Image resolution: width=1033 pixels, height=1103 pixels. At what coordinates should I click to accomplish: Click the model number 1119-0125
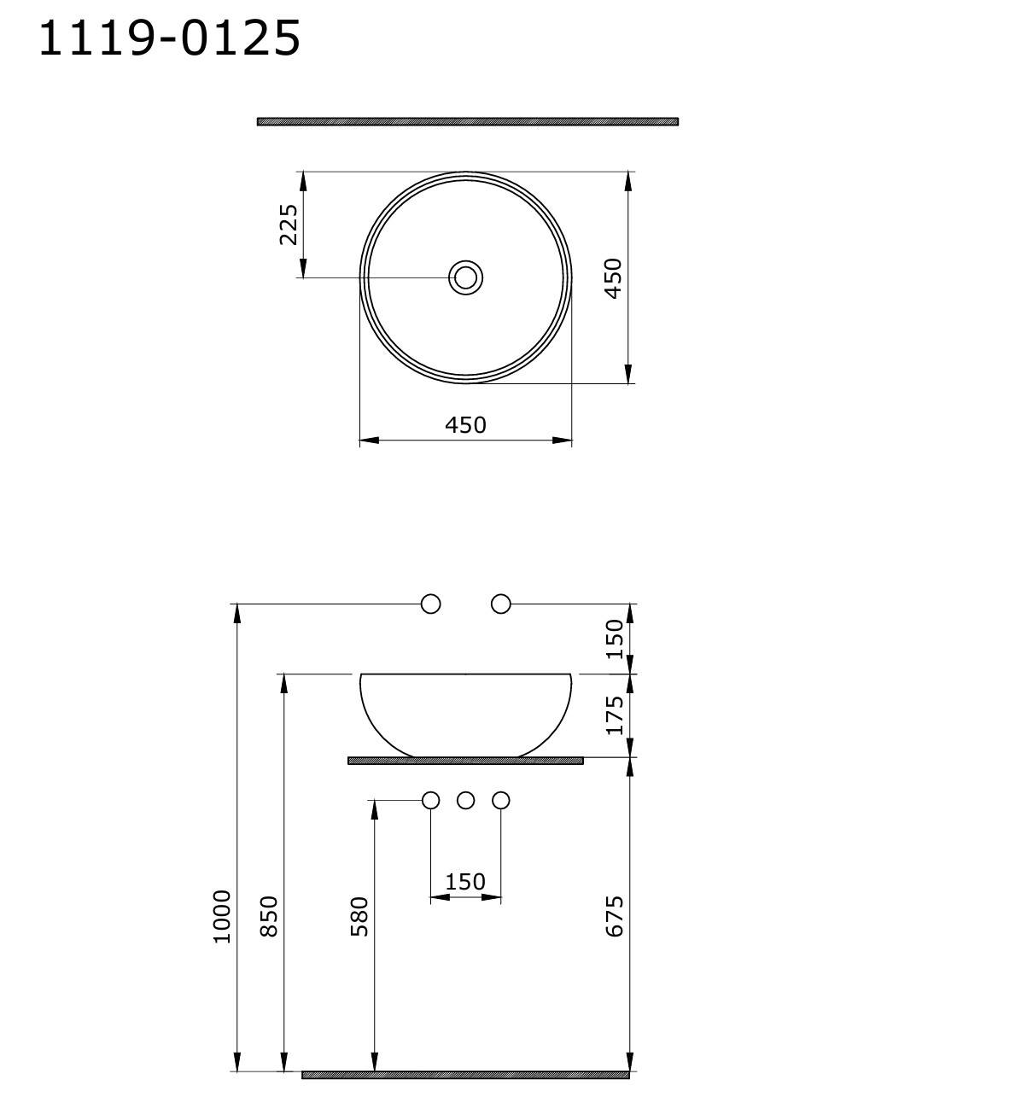tap(170, 38)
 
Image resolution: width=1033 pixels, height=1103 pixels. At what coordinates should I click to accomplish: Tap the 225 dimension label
tap(289, 225)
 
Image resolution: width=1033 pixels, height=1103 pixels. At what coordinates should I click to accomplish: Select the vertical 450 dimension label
tap(613, 278)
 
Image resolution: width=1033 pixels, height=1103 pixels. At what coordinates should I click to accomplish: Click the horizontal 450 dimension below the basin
tap(465, 425)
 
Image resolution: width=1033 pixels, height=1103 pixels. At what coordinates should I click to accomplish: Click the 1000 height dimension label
tap(222, 916)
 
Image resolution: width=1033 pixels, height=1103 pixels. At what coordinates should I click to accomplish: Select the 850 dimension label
tap(269, 916)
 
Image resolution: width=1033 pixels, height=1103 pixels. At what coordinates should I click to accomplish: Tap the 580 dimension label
tap(359, 916)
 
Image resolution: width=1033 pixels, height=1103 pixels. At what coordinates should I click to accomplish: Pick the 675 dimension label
tap(614, 916)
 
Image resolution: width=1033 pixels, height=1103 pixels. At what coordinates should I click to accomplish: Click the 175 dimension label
tap(614, 715)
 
